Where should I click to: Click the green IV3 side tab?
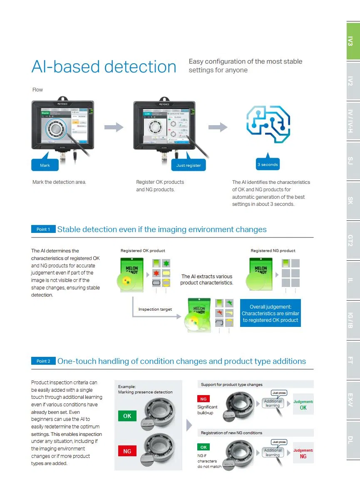click(x=353, y=41)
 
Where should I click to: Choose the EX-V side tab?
click(x=353, y=400)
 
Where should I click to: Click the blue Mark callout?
click(x=45, y=165)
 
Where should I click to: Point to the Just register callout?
click(x=189, y=165)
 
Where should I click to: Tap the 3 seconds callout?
click(x=268, y=164)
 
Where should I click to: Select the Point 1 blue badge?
click(x=43, y=229)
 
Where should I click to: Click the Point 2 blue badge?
click(x=43, y=361)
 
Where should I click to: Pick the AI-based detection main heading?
click(x=104, y=67)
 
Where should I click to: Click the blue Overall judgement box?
click(x=271, y=313)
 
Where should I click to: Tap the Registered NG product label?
click(x=273, y=251)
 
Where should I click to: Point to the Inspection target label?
click(x=155, y=309)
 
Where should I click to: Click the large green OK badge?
click(x=127, y=416)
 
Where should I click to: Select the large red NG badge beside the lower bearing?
click(x=127, y=451)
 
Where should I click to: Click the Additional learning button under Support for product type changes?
click(x=273, y=403)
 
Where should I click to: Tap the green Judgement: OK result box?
click(x=303, y=405)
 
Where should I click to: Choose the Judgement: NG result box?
click(x=303, y=453)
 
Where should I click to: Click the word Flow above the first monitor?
click(x=38, y=90)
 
